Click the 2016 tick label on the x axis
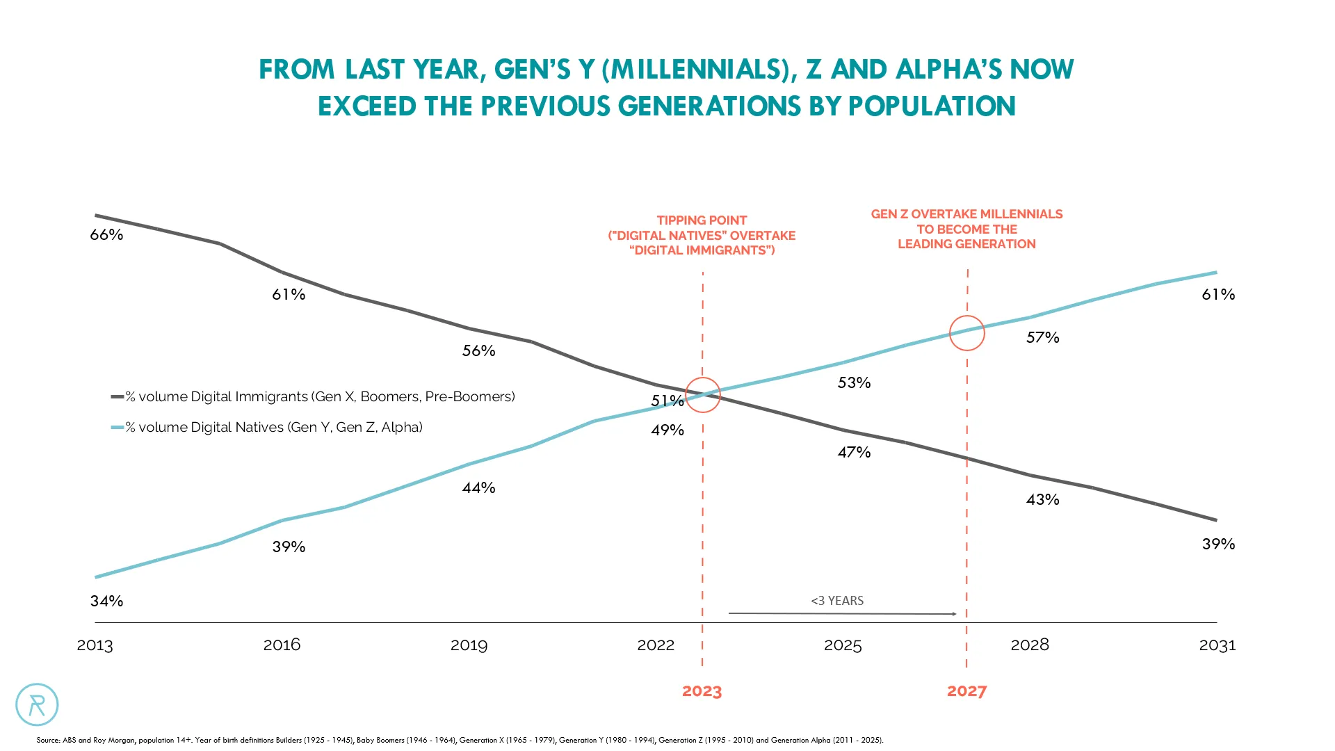[x=282, y=645]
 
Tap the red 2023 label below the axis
[x=702, y=691]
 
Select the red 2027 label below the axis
[x=966, y=691]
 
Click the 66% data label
[x=106, y=235]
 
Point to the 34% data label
[x=106, y=601]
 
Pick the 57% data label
[x=1042, y=337]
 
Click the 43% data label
[x=1042, y=499]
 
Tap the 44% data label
[x=478, y=487]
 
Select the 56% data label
[x=478, y=350]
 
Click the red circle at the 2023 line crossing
[x=702, y=395]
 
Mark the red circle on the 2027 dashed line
[x=966, y=332]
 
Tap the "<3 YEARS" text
[x=837, y=601]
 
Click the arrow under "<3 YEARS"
[x=842, y=613]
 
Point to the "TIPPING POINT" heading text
[x=702, y=220]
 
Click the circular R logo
[x=37, y=704]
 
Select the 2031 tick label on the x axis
[x=1217, y=645]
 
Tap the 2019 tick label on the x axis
[x=469, y=645]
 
